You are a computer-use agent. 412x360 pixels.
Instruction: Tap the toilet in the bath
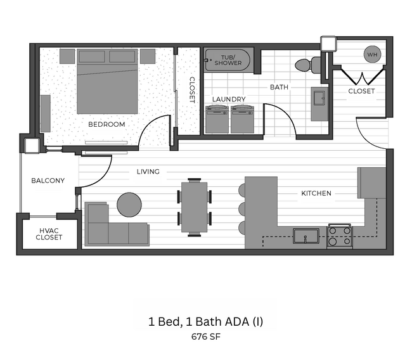point(304,64)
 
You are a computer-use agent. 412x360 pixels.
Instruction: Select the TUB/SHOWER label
point(227,61)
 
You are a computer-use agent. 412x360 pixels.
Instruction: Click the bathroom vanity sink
point(318,101)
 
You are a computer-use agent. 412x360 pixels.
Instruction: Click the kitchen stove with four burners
point(339,237)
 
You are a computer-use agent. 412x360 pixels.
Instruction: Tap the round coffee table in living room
point(130,205)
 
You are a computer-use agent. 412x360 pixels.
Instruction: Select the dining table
point(195,207)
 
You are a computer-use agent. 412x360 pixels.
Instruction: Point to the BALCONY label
point(48,181)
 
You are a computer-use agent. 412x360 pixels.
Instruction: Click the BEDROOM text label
point(106,124)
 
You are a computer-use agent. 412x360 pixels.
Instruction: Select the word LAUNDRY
point(229,100)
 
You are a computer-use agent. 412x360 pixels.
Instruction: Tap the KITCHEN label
point(316,193)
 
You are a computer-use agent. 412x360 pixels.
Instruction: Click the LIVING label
point(148,172)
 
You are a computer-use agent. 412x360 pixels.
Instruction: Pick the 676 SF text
point(206,337)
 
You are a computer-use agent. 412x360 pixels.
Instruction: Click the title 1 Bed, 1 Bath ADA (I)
point(206,322)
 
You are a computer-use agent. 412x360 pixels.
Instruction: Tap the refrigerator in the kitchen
point(371,183)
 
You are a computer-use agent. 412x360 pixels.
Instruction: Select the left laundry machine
point(217,119)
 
